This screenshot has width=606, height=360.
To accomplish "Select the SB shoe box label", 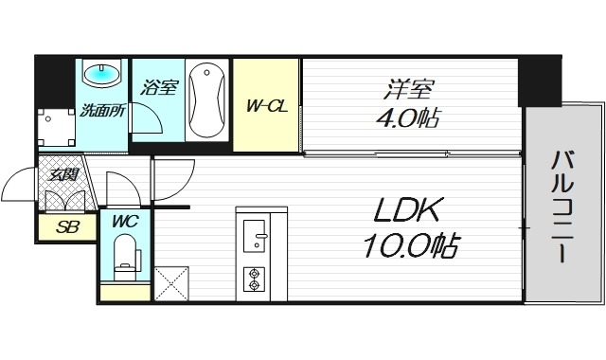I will (x=66, y=227).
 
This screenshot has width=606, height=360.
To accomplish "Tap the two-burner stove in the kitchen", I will (x=254, y=278).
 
